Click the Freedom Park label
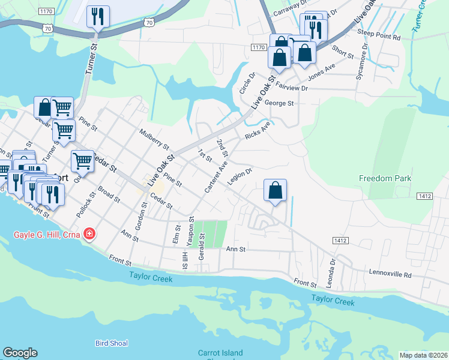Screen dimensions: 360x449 pos(385,178)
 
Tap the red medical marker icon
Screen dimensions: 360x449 pos(89,233)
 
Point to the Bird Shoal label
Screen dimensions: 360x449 pos(112,343)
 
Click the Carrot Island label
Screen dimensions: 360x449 pos(220,353)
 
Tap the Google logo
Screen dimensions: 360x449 pos(20,353)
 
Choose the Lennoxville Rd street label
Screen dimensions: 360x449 pos(391,275)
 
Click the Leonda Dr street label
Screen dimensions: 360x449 pos(332,265)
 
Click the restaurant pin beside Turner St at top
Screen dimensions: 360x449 pos(98,16)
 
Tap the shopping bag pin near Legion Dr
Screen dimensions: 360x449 pos(275,190)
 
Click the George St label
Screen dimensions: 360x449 pos(279,103)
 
